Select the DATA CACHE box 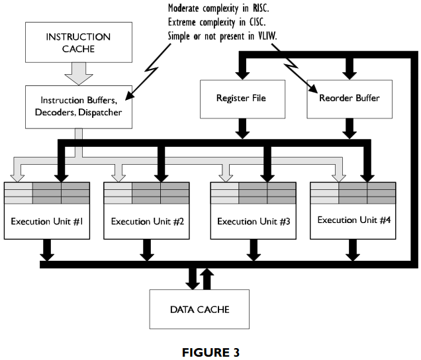click(x=199, y=309)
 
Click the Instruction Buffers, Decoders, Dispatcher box click(x=78, y=105)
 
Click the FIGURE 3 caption click(x=210, y=353)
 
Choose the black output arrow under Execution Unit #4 click(x=352, y=250)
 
